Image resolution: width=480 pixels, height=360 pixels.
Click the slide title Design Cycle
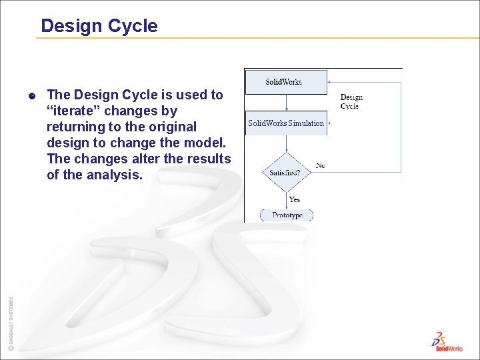coord(99,26)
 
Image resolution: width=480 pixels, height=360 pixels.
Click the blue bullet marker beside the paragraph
coord(32,95)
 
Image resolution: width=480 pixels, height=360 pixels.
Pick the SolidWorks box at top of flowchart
coord(286,82)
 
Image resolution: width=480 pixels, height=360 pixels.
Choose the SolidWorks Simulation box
coord(286,123)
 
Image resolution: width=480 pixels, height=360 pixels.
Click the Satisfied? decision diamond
coord(285,173)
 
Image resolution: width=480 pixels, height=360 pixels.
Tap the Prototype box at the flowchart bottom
coord(287,215)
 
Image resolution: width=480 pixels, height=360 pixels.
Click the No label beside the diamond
coord(321,165)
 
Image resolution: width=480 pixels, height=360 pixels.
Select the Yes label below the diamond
coord(294,199)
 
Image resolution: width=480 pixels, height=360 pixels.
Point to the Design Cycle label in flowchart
coord(351,101)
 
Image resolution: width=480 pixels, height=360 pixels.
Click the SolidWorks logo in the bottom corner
coord(446,341)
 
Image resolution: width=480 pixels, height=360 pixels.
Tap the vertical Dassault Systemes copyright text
coord(11,323)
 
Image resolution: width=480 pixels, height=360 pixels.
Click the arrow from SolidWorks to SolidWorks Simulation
coord(286,103)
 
